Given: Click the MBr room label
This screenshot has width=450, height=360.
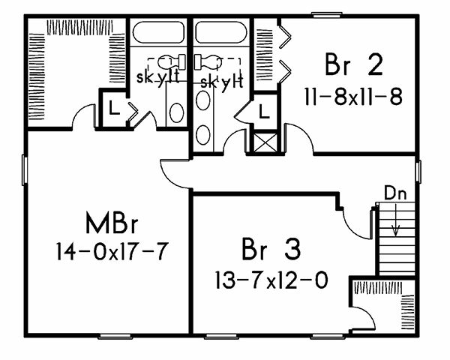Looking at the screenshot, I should click(113, 224).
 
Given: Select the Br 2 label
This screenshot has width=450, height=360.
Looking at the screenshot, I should click(354, 66).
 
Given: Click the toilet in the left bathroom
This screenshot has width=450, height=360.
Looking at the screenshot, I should click(167, 62).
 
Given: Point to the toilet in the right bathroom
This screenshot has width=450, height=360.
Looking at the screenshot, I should click(208, 62).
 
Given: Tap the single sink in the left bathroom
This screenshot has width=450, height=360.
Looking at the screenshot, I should click(177, 112).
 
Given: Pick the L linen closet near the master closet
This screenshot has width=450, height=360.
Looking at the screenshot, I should click(112, 108).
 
